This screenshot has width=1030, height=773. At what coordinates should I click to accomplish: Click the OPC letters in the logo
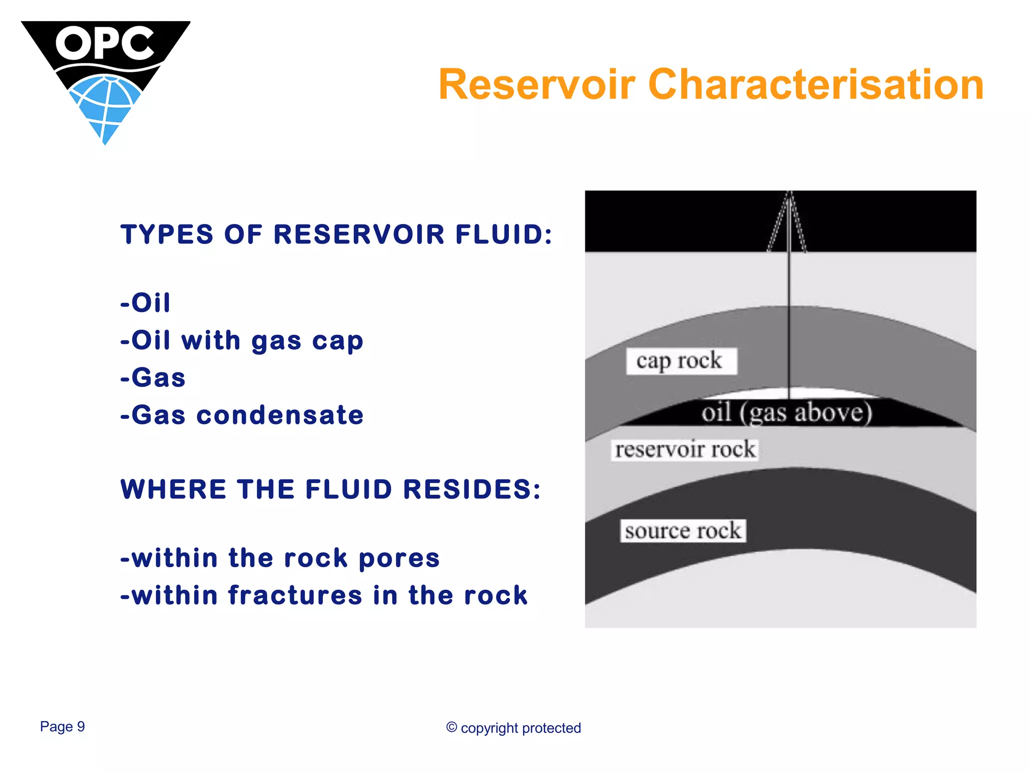click(105, 43)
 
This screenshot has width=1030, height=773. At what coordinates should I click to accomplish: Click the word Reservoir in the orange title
click(537, 85)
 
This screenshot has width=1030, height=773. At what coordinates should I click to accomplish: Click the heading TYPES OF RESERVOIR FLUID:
click(336, 235)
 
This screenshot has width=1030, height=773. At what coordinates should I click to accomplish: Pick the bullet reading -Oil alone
click(146, 303)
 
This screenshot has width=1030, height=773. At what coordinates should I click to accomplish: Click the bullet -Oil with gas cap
click(242, 341)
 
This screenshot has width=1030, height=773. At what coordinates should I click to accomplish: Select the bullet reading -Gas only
click(153, 378)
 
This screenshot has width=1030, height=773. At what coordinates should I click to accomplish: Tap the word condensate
click(280, 415)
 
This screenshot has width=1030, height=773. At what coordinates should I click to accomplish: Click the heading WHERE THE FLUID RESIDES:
click(330, 489)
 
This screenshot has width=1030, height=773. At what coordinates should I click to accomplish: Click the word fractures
click(295, 595)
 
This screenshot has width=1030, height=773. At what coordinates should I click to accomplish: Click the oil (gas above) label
click(787, 413)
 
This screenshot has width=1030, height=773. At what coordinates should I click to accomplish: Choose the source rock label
click(682, 531)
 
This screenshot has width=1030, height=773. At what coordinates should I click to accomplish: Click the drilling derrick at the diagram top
click(788, 221)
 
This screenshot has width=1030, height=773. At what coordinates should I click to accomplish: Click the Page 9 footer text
click(62, 727)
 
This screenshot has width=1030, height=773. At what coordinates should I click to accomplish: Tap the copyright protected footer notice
click(513, 728)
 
